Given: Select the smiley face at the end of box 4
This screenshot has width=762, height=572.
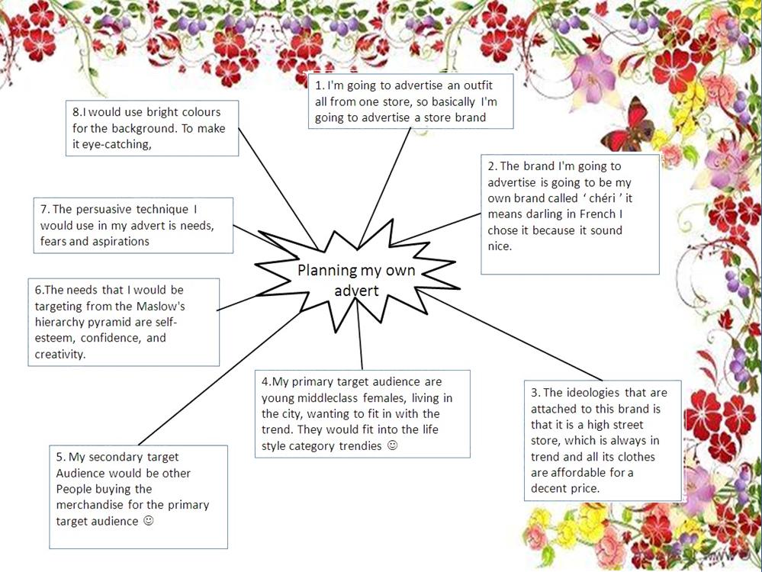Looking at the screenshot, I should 393,445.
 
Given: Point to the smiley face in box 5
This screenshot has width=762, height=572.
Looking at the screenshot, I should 149,521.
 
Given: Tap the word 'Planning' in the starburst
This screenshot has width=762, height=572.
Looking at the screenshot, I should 323,270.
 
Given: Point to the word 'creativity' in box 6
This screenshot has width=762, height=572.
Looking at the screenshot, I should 60,355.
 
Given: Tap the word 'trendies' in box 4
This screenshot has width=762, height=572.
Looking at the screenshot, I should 360,445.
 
